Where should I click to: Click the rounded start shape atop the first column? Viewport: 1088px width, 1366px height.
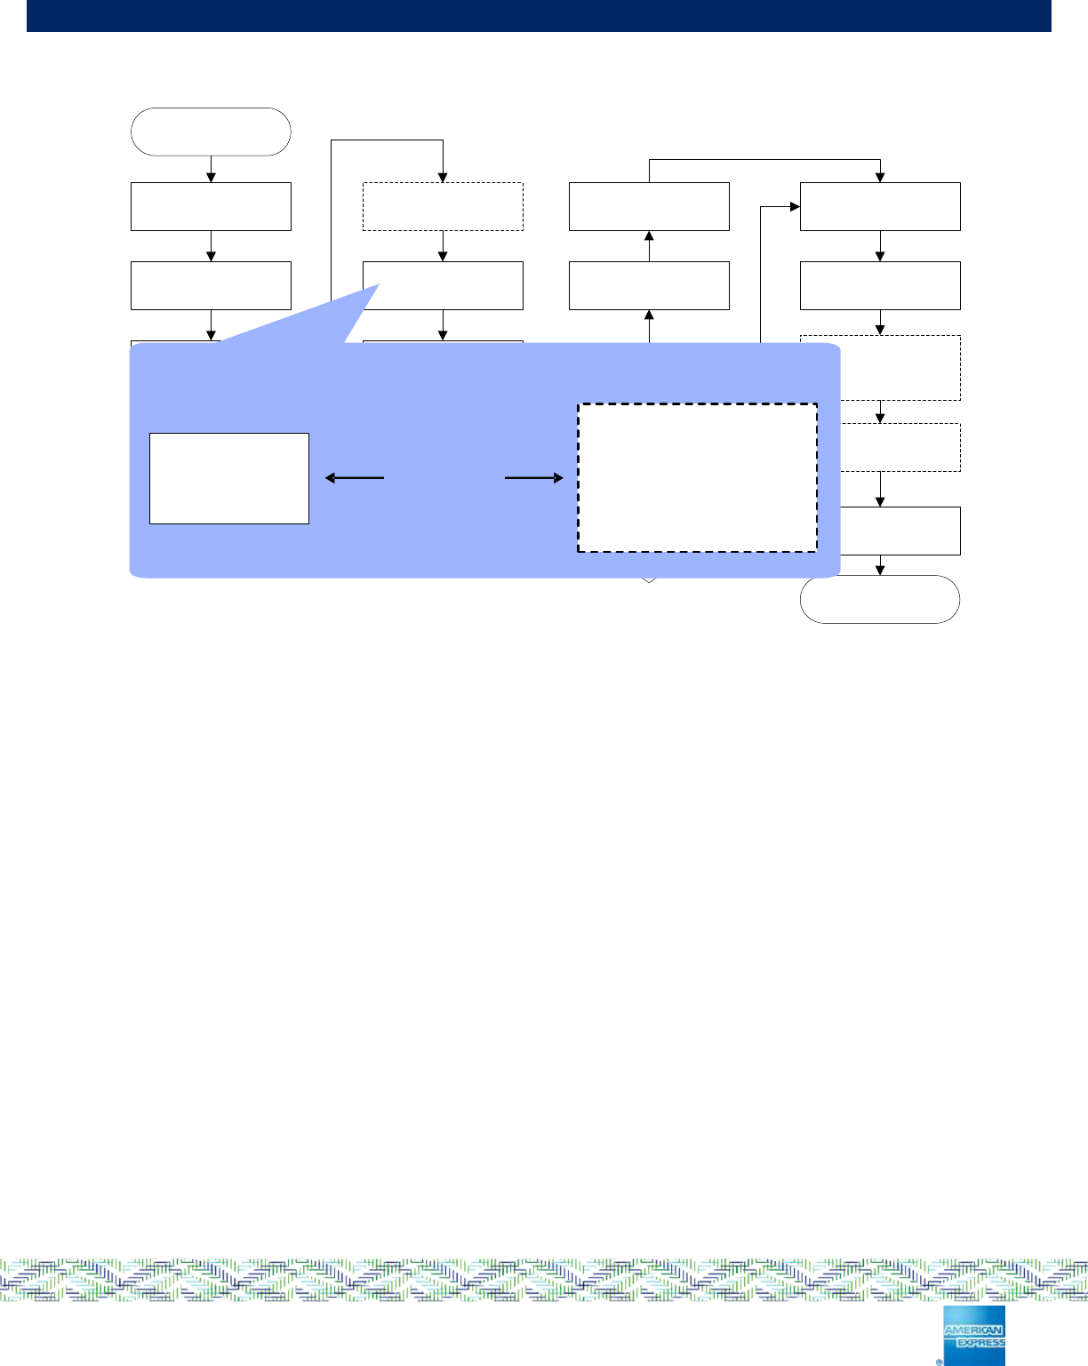[x=211, y=132]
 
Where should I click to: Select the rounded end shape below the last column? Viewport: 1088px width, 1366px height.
[x=880, y=599]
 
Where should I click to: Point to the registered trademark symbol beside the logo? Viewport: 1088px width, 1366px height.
[x=939, y=1361]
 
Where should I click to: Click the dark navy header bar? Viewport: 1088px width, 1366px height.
[x=539, y=16]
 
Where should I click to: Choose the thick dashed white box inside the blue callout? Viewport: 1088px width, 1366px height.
[x=697, y=478]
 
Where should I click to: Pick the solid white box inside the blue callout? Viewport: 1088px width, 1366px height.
[x=229, y=478]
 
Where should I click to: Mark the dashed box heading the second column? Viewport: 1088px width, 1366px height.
[x=443, y=206]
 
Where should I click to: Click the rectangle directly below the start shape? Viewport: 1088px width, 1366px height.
[x=211, y=206]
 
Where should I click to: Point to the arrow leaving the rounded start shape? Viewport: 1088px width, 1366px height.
[x=211, y=169]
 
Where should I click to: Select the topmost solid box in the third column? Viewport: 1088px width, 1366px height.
[x=649, y=206]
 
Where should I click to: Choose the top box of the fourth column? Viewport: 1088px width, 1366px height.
[x=880, y=206]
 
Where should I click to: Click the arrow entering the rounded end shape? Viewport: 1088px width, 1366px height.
[x=880, y=565]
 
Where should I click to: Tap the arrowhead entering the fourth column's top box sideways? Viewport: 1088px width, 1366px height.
[x=795, y=207]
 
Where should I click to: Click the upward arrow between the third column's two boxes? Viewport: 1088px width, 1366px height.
[x=649, y=246]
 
